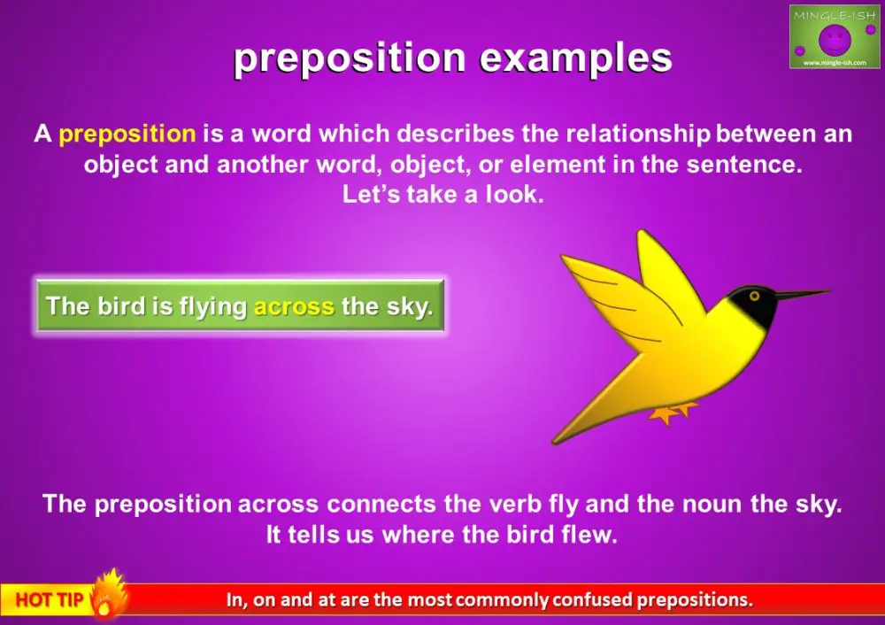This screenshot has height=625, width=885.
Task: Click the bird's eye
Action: coord(754,295)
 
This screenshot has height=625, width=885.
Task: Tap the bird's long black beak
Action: coord(801,295)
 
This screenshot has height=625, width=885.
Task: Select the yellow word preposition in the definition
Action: coord(127,135)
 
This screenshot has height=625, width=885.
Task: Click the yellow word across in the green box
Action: coord(294,307)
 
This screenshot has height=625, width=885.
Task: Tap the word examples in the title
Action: coord(575,58)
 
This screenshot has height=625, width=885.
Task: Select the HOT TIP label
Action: coord(49,600)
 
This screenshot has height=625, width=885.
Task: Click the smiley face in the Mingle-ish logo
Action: coord(834,39)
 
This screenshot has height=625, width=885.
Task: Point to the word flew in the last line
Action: coord(587,536)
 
